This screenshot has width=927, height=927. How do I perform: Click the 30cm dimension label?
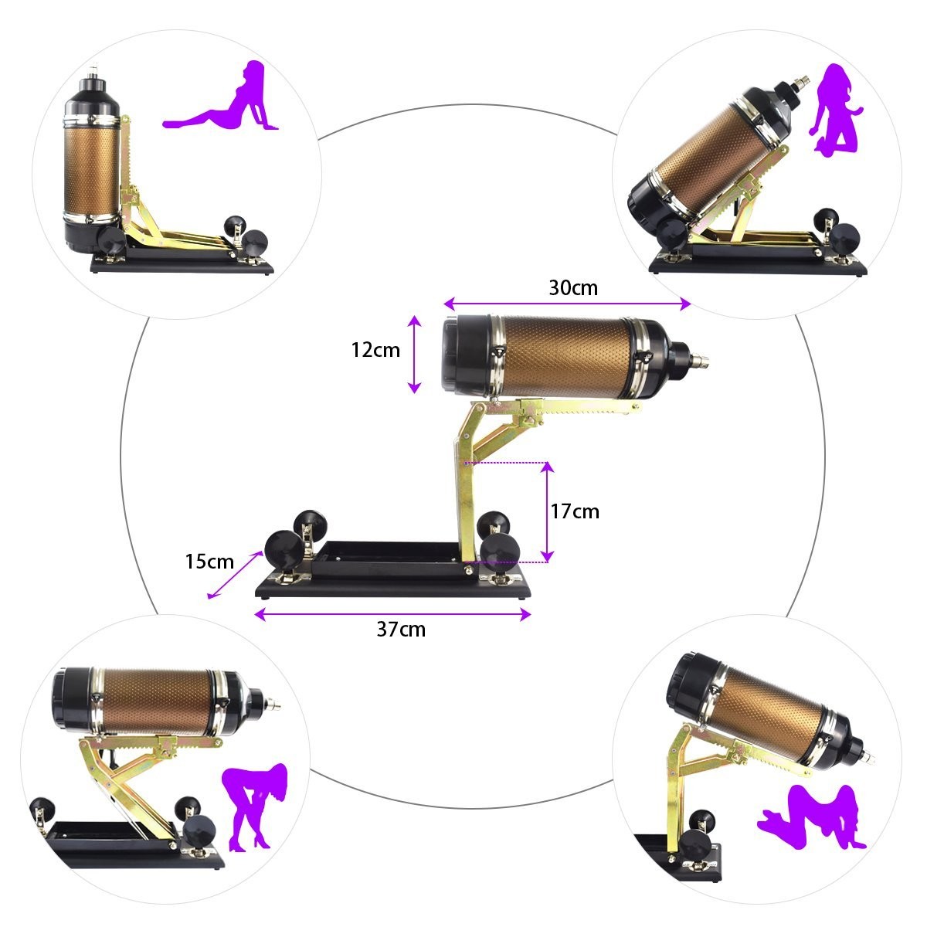573,287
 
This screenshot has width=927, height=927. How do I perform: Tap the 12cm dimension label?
375,350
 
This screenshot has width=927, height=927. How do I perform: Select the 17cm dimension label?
575,511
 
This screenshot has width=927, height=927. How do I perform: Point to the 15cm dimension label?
209,562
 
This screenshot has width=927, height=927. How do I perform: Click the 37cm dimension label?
401,630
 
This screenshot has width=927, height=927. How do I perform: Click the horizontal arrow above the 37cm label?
392,614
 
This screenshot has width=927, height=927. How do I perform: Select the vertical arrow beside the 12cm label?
414,355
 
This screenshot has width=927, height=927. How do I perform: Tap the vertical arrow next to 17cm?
547,512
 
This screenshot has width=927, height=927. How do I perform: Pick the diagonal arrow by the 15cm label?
235,575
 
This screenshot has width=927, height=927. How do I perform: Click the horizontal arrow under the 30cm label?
567,304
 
